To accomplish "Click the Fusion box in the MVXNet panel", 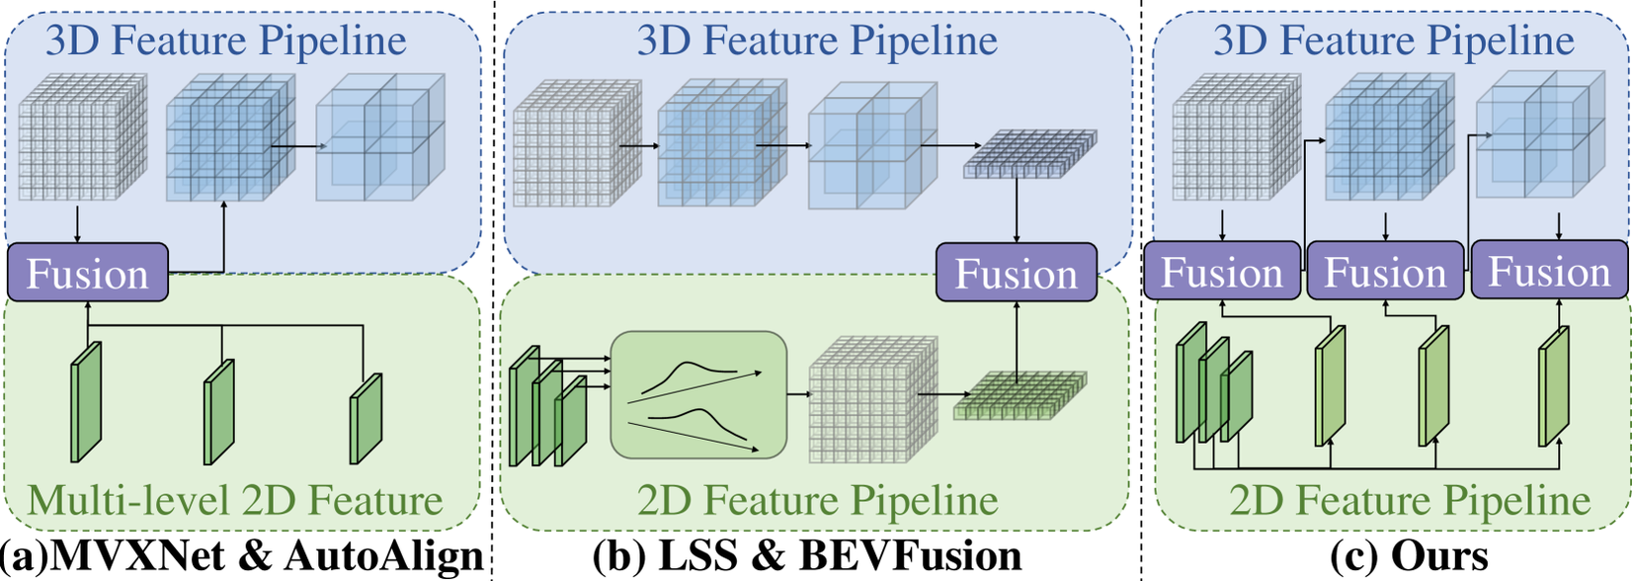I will click(x=88, y=273).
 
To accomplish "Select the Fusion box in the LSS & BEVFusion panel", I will click(x=1016, y=273).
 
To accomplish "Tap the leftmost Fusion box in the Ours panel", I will click(x=1222, y=272).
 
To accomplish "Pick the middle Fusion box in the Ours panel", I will click(x=1386, y=272).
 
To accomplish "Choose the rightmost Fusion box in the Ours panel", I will click(x=1549, y=272).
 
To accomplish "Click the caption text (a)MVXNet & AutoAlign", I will click(x=243, y=556).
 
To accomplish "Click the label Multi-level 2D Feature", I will click(x=235, y=500).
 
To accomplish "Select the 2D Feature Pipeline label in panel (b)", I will click(x=818, y=500).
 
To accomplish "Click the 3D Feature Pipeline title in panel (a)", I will click(x=226, y=41).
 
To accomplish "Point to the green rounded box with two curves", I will click(x=698, y=395).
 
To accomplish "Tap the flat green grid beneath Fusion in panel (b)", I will click(x=1019, y=395).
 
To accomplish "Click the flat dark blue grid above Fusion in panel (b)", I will click(x=1028, y=154).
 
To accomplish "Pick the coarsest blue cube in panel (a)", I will click(x=379, y=138).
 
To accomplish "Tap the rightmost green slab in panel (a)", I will click(x=367, y=417).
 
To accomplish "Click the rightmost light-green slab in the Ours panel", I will click(x=1554, y=387).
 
